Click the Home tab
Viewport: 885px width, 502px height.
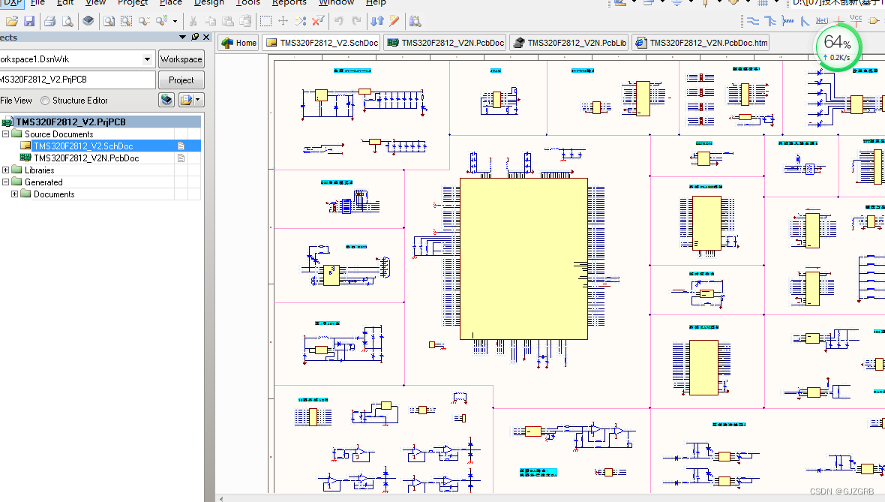239,43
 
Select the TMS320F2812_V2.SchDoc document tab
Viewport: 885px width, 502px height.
322,43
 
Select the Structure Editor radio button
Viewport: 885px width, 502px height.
46,101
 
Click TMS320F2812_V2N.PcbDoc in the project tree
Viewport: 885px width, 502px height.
86,158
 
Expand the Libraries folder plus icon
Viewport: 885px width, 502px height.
6,170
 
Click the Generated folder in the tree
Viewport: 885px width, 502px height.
43,182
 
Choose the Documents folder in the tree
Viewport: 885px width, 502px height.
54,194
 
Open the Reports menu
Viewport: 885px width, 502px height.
289,3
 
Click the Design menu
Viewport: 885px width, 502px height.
209,3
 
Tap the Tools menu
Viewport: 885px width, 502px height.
248,3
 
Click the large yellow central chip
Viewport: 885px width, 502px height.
523,258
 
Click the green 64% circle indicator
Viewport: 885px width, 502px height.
838,47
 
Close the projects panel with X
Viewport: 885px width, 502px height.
206,38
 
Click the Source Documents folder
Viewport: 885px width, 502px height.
58,134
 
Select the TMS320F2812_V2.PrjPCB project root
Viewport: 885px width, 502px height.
70,122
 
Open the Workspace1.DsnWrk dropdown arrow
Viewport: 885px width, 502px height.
147,59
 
